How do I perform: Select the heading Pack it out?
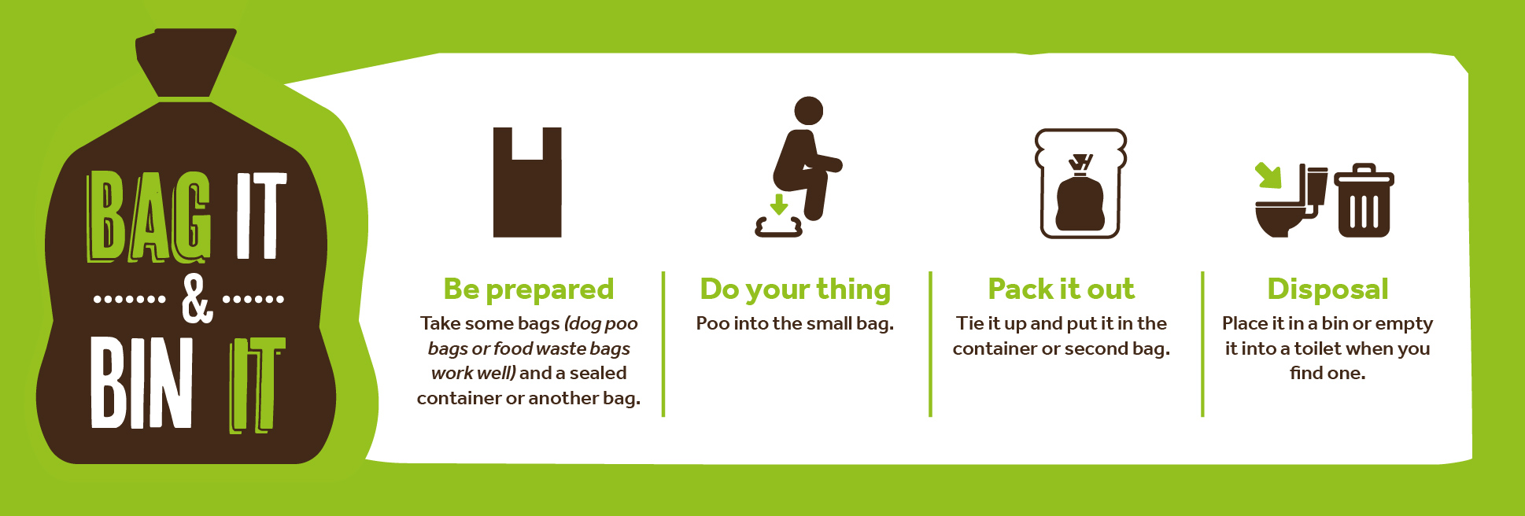(1062, 289)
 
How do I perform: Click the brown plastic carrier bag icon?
(527, 182)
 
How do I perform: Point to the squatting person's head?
(808, 111)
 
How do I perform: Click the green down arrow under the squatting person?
(779, 205)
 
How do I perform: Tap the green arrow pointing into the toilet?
(1268, 175)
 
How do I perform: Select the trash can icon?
(1364, 201)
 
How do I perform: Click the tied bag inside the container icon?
(1080, 194)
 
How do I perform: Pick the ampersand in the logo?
(196, 299)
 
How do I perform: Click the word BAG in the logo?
(149, 216)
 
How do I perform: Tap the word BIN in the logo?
(142, 383)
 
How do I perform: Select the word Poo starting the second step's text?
(713, 324)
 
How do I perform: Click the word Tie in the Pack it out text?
(969, 323)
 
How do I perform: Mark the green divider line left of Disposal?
(1202, 344)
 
